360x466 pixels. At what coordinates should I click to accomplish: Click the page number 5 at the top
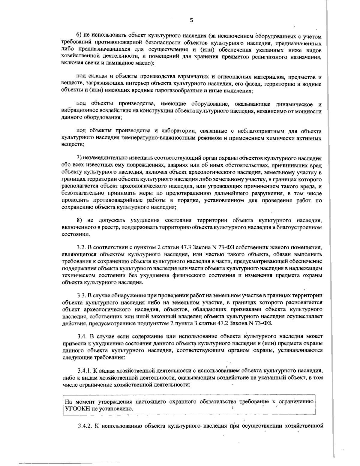point(192,20)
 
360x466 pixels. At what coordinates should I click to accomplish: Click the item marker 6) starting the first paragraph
point(78,37)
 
